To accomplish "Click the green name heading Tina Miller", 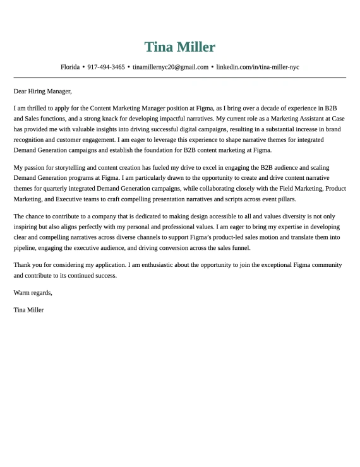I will click(x=180, y=47).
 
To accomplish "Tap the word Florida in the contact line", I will click(x=69, y=67).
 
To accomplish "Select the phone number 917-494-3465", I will click(x=106, y=67).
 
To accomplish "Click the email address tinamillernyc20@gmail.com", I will click(x=171, y=67).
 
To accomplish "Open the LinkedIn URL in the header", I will click(x=258, y=67).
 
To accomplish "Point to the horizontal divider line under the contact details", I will click(x=180, y=78).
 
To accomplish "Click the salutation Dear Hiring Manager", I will click(x=42, y=91).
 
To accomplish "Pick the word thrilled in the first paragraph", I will click(x=40, y=109).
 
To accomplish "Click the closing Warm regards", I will click(x=33, y=293).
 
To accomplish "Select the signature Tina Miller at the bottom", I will click(x=28, y=310).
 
